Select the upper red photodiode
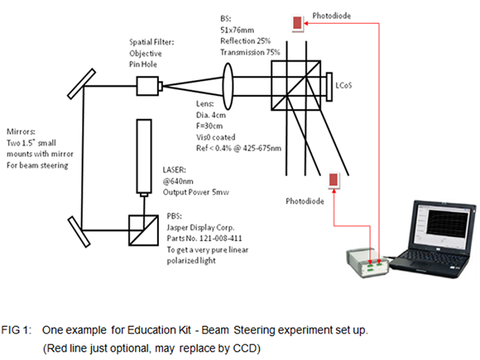298,23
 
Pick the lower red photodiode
334,180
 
